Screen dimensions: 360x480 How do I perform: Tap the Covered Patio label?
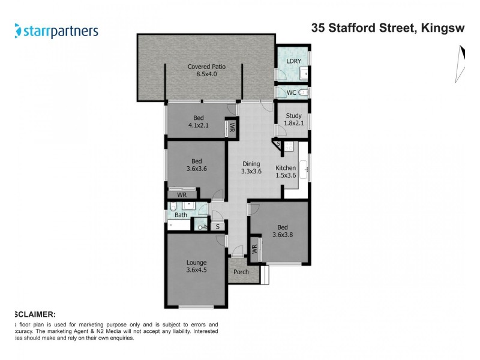pos(202,70)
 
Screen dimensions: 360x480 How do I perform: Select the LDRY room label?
pos(293,61)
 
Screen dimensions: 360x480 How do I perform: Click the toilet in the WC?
pos(303,93)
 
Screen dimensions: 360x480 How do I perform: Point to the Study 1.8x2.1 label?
pos(293,119)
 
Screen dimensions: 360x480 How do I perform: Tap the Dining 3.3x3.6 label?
pos(251,167)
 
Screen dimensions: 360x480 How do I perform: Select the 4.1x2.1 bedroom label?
pos(197,122)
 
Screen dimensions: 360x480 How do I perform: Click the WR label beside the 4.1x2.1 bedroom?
pos(232,128)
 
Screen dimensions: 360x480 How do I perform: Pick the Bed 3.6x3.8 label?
pos(282,231)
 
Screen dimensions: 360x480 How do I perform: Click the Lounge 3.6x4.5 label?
pos(196,266)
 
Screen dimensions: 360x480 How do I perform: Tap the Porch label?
pos(241,272)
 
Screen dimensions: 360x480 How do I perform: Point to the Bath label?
pos(181,214)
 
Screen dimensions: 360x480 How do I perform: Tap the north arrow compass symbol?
pos(461,63)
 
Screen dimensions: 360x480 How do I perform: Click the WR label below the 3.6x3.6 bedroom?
pos(182,195)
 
